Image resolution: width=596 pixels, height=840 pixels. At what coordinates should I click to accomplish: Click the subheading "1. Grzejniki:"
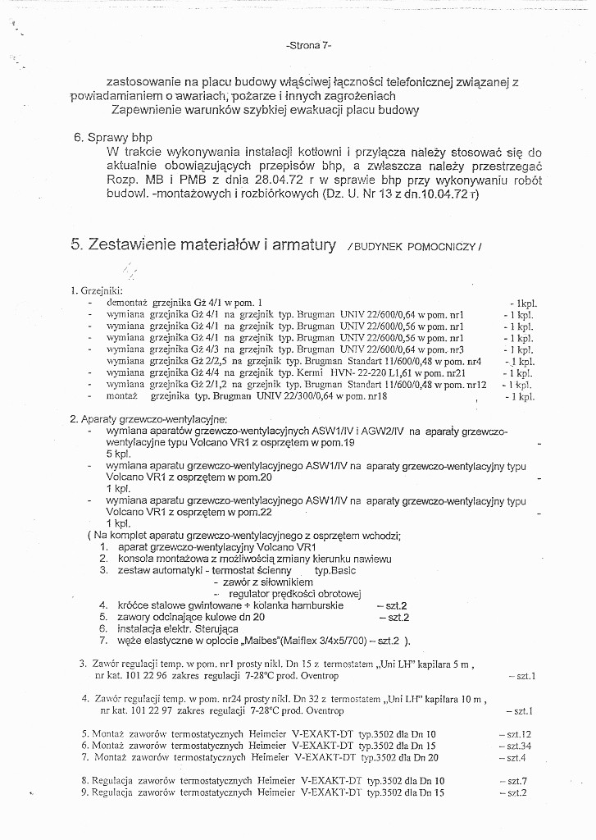[x=97, y=290]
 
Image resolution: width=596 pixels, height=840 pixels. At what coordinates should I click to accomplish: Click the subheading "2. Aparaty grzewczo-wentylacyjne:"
[x=148, y=418]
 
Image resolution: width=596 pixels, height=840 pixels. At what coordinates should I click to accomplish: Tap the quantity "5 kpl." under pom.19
[x=119, y=453]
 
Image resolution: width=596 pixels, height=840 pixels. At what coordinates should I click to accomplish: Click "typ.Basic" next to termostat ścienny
[x=334, y=569]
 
